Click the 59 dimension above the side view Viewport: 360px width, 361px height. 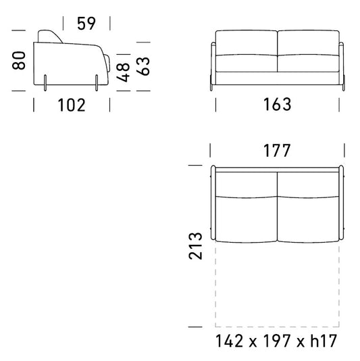[86, 23]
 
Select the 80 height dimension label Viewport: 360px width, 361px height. [19, 60]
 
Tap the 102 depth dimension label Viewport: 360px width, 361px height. [72, 105]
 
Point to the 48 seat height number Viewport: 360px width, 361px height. [123, 72]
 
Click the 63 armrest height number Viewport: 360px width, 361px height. [143, 66]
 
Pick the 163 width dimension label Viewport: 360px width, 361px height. [277, 104]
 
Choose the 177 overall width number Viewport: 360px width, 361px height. [277, 151]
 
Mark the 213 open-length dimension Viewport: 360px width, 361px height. [195, 246]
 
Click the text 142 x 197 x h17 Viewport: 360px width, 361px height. [276, 341]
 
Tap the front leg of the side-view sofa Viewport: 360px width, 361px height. [97, 82]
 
